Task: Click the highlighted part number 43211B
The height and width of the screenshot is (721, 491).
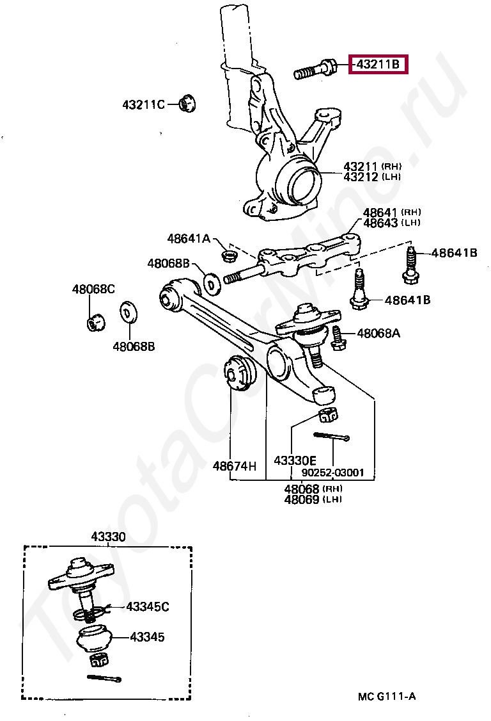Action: coord(378,65)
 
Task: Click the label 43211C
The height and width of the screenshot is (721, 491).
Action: coord(143,104)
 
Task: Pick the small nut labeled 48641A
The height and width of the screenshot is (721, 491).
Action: coord(227,256)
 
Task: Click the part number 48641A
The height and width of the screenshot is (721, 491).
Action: coord(189,238)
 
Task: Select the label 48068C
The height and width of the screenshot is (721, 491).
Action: coord(93,289)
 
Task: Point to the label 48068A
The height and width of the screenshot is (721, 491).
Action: coord(378,333)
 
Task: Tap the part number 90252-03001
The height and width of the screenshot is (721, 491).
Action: coord(332,473)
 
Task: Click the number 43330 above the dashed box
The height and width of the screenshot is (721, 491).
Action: coord(107,537)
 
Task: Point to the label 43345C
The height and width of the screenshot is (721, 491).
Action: coord(148,606)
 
